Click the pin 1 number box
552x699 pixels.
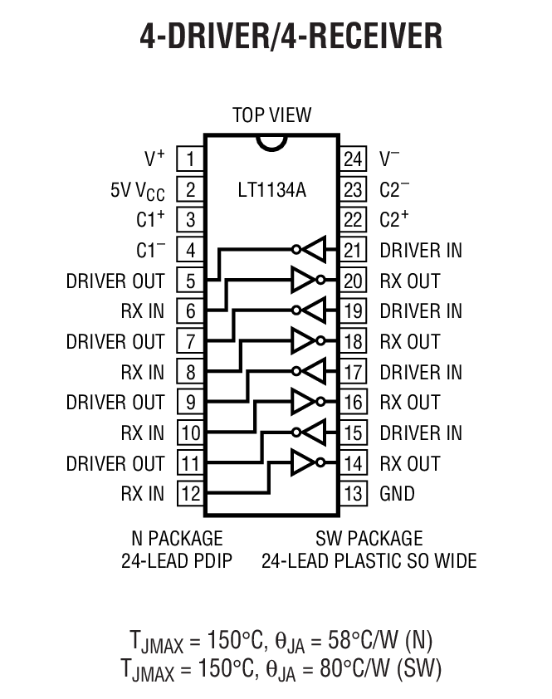click(x=190, y=159)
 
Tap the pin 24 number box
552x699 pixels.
click(x=354, y=159)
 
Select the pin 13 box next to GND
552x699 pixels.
click(x=354, y=494)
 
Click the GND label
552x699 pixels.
click(x=397, y=494)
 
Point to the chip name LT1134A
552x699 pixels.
click(x=271, y=190)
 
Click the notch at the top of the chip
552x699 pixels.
click(x=271, y=142)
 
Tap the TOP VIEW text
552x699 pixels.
click(x=271, y=115)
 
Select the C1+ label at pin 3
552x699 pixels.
click(x=150, y=220)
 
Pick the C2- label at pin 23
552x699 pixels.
click(x=394, y=189)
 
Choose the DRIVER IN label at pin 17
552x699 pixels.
click(x=421, y=372)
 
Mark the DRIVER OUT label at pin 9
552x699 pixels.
click(x=115, y=403)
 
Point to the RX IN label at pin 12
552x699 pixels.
click(x=143, y=494)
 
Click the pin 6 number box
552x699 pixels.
click(x=190, y=311)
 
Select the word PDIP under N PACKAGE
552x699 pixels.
click(x=211, y=561)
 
